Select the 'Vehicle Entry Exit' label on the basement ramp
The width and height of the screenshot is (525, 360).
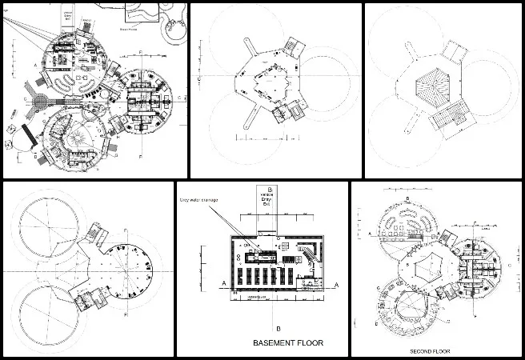click(267, 200)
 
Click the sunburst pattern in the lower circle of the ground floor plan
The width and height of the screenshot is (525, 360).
click(79, 137)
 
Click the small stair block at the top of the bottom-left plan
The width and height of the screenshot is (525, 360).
click(95, 238)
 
